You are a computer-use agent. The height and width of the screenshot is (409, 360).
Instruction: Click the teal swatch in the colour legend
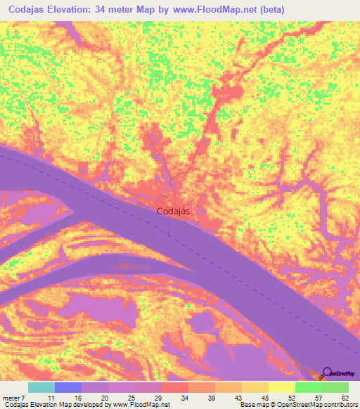(41, 387)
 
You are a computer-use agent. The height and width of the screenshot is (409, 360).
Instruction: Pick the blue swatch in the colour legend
(68, 387)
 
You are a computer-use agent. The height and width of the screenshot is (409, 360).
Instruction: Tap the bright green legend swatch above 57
(309, 387)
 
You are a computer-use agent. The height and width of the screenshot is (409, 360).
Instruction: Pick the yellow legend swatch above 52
(282, 387)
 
